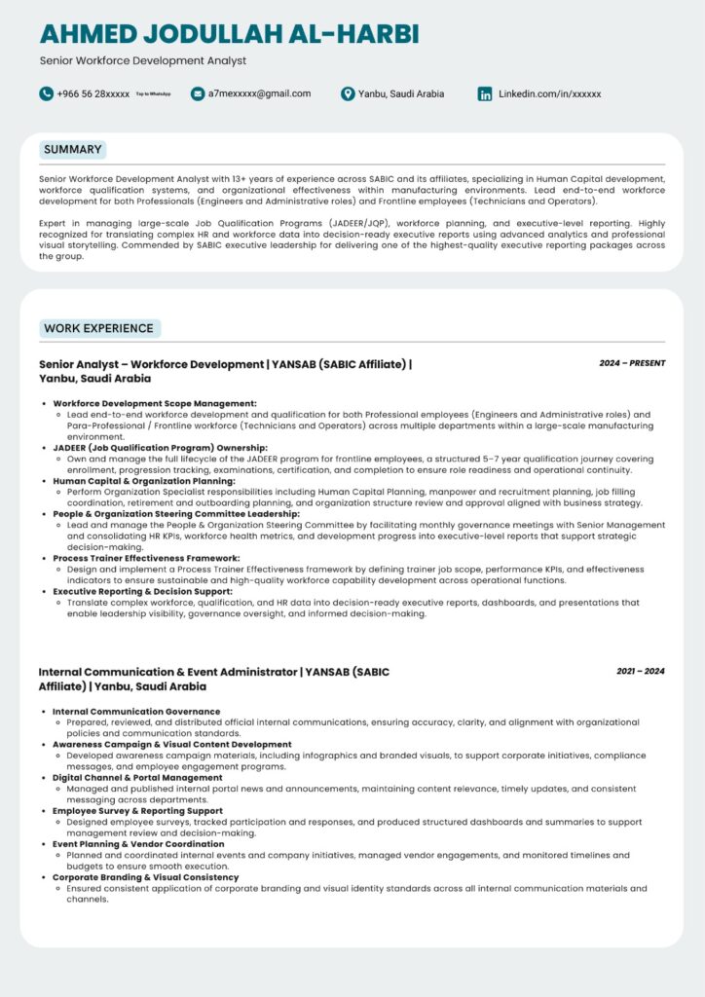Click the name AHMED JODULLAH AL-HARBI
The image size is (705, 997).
(230, 34)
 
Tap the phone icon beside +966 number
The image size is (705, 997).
(46, 93)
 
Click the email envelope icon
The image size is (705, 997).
(198, 93)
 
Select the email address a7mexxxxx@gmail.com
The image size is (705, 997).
(259, 93)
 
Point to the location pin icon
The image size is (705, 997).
(348, 93)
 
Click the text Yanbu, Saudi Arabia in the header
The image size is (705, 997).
(401, 93)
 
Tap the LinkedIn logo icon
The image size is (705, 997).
(484, 93)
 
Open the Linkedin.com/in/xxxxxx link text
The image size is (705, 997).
(549, 93)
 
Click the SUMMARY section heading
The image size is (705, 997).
(72, 150)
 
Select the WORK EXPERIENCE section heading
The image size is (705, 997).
(99, 328)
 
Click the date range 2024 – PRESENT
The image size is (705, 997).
(632, 363)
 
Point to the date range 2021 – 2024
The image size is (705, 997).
(640, 671)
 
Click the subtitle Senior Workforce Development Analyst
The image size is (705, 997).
(143, 60)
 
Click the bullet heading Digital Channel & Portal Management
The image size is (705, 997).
(137, 778)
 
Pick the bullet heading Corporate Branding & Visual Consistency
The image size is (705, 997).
(145, 877)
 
